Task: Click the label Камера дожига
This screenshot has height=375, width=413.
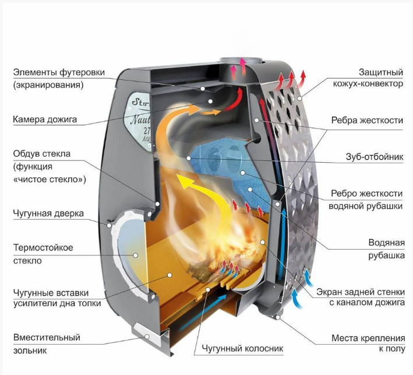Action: pos(45,120)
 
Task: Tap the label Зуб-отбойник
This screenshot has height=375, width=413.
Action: pos(375,157)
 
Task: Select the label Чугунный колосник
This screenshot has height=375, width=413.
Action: pos(242,348)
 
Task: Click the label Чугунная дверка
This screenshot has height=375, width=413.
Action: pos(48,213)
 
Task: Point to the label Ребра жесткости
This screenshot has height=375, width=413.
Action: pos(367,120)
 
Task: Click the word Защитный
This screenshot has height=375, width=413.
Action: pos(381,72)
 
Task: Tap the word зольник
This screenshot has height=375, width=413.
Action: pos(30,351)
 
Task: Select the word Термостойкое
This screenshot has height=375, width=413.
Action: pos(43,248)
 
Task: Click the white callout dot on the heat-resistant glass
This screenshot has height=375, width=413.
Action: pos(135,255)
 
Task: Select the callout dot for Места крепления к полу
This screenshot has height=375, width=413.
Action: pos(277,317)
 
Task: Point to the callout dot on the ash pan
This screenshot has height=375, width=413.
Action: pos(147,337)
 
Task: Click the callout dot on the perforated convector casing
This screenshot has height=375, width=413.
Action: pos(299,98)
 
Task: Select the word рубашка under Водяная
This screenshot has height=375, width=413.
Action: pos(386,255)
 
